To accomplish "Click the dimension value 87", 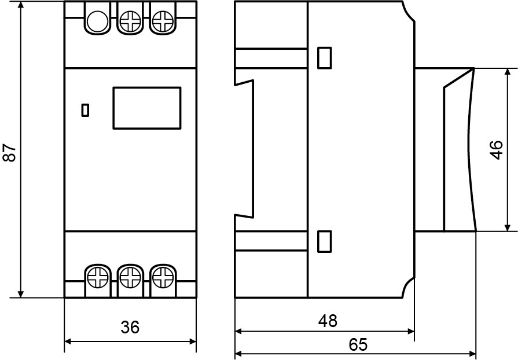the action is point(10,152).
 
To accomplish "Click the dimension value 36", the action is point(130,327).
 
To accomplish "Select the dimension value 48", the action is point(328,321).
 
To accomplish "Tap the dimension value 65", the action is point(358,344).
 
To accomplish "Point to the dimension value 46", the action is point(496,150).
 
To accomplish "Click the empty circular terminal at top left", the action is point(97,21).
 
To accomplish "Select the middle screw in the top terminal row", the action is point(130,21).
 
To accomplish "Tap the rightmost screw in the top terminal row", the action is point(163,21).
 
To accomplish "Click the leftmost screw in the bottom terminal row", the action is point(98,277).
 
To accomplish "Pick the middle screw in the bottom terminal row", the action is point(130,277).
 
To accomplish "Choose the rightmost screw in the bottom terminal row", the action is point(163,277).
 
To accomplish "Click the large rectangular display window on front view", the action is point(147,108).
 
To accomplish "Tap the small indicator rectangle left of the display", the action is point(85,110).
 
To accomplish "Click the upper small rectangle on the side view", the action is point(325,58).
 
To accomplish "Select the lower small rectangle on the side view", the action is point(325,241).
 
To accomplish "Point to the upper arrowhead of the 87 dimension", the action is point(21,4).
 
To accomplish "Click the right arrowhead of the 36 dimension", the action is point(193,341).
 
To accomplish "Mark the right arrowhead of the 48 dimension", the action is point(412,331).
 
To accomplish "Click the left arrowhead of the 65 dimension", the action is point(238,354).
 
